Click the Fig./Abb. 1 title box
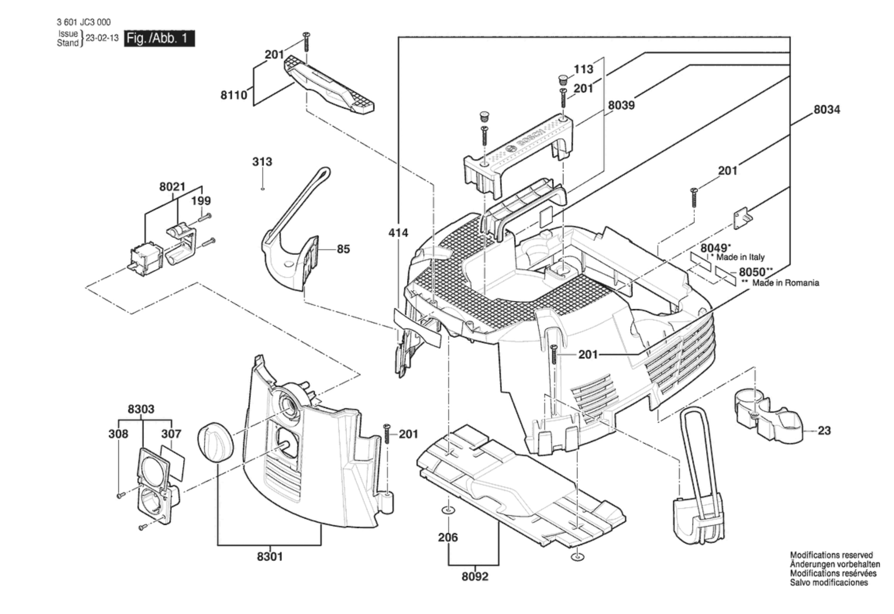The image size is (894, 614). (159, 38)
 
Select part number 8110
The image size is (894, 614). (234, 95)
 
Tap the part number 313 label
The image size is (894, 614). (262, 162)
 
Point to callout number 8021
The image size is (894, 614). (172, 187)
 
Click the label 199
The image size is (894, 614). (201, 201)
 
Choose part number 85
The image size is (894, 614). (343, 249)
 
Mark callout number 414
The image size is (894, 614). (398, 233)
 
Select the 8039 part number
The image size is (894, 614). (621, 105)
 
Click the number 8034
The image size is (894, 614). (827, 110)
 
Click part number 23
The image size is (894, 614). (824, 430)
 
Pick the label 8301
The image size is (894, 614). (270, 556)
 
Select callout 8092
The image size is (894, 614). (475, 576)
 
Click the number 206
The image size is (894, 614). (447, 537)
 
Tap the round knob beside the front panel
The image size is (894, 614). (215, 443)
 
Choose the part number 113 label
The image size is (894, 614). (583, 69)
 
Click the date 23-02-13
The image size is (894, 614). (102, 38)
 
